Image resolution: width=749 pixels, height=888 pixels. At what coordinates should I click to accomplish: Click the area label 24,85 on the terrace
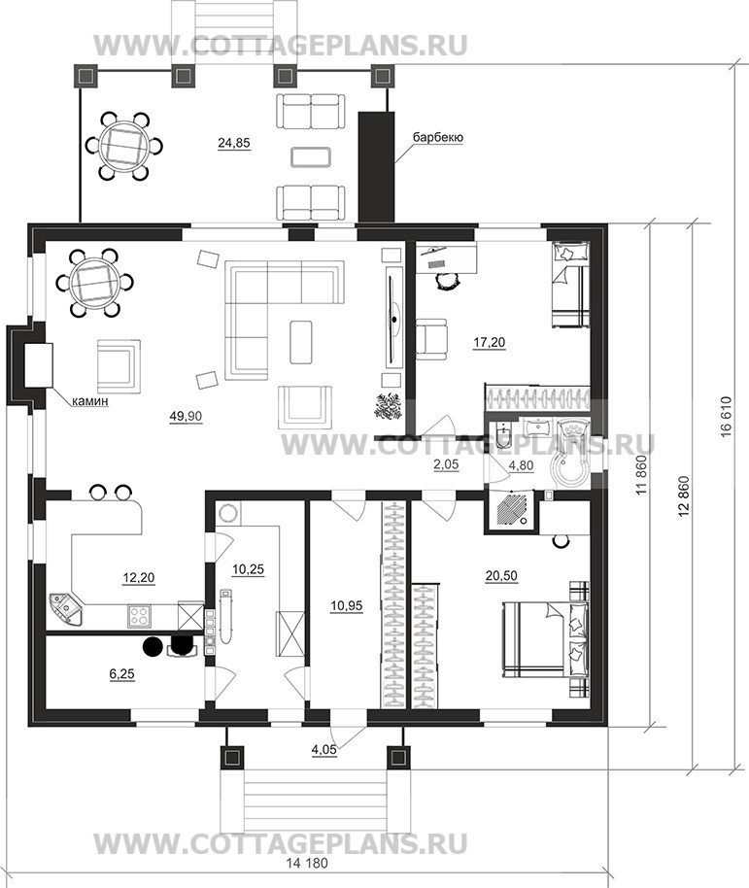click(x=234, y=143)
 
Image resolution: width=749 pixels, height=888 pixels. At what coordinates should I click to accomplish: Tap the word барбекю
click(x=437, y=138)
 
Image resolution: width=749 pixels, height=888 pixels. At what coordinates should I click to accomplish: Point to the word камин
click(x=89, y=401)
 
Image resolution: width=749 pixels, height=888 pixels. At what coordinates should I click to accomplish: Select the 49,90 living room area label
click(x=186, y=416)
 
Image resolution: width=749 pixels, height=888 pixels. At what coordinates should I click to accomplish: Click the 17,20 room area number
click(x=490, y=342)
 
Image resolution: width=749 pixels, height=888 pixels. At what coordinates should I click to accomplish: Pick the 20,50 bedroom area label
click(x=501, y=575)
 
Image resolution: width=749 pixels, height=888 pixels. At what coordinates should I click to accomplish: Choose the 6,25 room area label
click(x=121, y=674)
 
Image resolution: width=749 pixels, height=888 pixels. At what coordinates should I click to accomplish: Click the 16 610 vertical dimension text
click(x=727, y=416)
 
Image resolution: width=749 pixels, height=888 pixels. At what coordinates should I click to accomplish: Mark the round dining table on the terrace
click(x=124, y=146)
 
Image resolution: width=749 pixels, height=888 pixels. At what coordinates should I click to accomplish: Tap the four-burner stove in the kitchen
click(x=139, y=616)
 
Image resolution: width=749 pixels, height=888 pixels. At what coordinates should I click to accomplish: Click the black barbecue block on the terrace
click(x=377, y=167)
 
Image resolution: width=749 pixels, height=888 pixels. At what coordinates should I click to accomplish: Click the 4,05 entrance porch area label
click(x=323, y=750)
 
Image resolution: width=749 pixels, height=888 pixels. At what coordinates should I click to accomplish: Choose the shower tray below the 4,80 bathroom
click(x=511, y=508)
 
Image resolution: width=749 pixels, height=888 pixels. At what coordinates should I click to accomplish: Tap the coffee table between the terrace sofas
click(x=310, y=156)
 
